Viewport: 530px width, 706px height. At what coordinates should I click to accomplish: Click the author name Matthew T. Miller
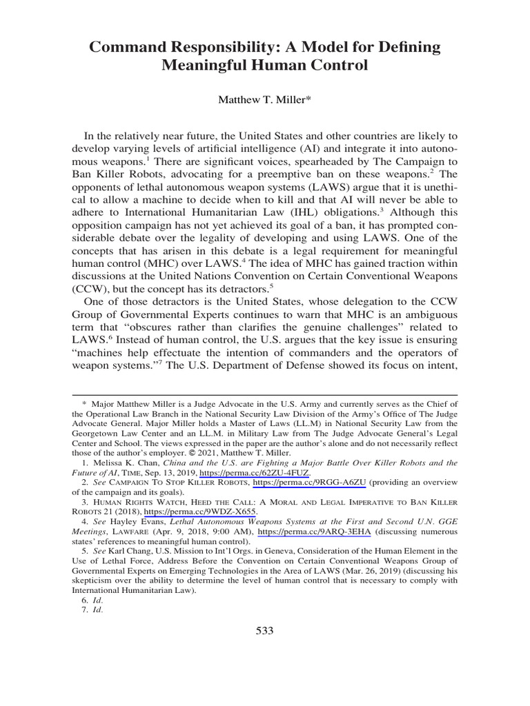(265, 100)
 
